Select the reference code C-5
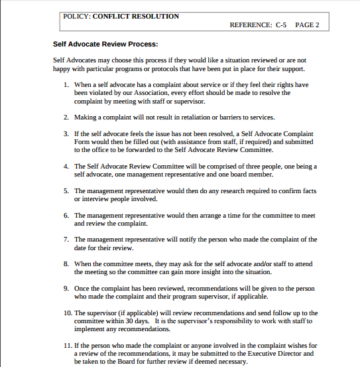[282, 25]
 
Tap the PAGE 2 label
[307, 25]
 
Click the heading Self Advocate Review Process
[105, 45]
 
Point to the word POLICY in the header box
[76, 16]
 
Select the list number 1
[66, 86]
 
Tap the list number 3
[66, 133]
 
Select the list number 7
[66, 239]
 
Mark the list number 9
[66, 288]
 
